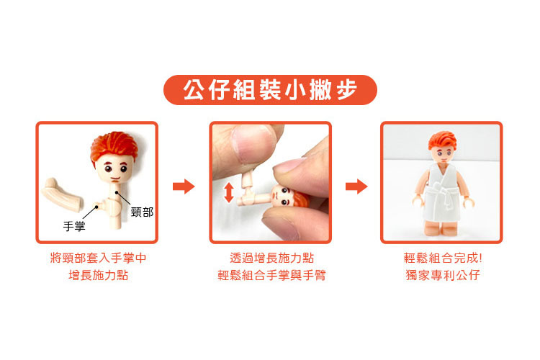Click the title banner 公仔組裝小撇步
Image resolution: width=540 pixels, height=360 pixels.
pos(270,90)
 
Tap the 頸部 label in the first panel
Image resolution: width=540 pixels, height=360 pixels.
pos(143,212)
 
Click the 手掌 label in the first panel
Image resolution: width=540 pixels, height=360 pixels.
pos(74,226)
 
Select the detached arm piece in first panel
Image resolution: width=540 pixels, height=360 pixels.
pos(63,194)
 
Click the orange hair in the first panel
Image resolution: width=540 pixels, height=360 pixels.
pos(114,146)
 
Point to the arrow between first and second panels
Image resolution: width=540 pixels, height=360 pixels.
pos(184,186)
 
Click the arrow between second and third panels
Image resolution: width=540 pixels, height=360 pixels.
pos(356,186)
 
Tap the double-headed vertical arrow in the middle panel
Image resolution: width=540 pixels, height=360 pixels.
pos(229,192)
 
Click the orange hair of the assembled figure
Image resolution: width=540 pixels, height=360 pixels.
pos(443,140)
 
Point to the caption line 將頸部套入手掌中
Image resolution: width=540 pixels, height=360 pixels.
pos(98,258)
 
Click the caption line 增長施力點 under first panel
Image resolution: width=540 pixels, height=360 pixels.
pos(98,275)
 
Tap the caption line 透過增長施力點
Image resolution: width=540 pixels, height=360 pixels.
pos(271,258)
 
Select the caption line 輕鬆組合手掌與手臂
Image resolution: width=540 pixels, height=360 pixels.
pos(271,275)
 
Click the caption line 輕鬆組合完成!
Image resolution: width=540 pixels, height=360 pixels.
pos(443,258)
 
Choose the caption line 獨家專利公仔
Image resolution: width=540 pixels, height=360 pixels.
pos(443,275)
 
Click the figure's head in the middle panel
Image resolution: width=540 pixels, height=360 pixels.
pos(290,197)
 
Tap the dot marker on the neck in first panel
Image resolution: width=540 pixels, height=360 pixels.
pos(117,192)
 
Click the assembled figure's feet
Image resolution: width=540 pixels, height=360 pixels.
pos(442,228)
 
